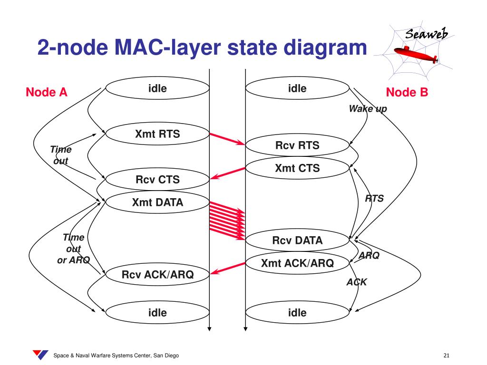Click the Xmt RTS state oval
pyautogui.click(x=157, y=134)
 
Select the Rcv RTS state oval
pyautogui.click(x=297, y=145)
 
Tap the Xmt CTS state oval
pyautogui.click(x=297, y=168)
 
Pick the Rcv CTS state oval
pyautogui.click(x=157, y=180)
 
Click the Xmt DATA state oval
pyautogui.click(x=157, y=202)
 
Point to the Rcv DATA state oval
pyautogui.click(x=297, y=240)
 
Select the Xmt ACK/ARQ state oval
pyautogui.click(x=297, y=263)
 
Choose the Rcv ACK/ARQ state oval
pyautogui.click(x=157, y=274)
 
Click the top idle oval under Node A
pyautogui.click(x=157, y=88)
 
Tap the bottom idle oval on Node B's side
pyautogui.click(x=297, y=313)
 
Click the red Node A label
pyautogui.click(x=47, y=92)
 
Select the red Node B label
pyautogui.click(x=407, y=92)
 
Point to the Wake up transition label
pyautogui.click(x=368, y=109)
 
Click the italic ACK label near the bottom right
pyautogui.click(x=356, y=282)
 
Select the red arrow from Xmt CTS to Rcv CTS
pyautogui.click(x=227, y=173)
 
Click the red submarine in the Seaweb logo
pyautogui.click(x=419, y=54)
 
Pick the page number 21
pyautogui.click(x=446, y=355)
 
